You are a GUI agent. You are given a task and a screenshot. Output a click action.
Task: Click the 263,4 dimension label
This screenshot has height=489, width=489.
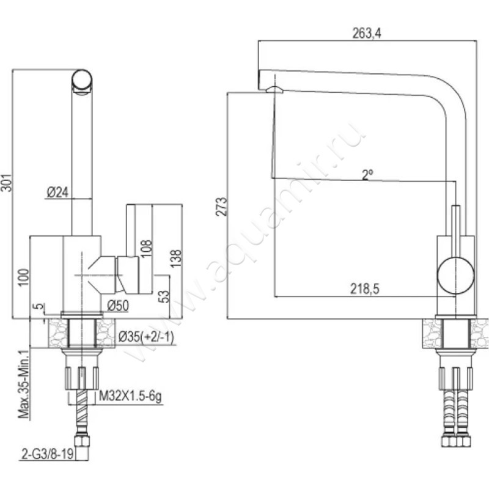point(367,34)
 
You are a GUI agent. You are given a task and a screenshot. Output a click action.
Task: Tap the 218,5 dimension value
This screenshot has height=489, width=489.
point(365,290)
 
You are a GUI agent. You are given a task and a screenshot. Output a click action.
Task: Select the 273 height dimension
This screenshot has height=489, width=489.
point(223,206)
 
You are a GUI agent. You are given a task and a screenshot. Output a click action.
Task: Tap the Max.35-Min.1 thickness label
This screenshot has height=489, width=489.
point(24,385)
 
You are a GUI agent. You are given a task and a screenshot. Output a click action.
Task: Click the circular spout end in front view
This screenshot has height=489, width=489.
point(83,81)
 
